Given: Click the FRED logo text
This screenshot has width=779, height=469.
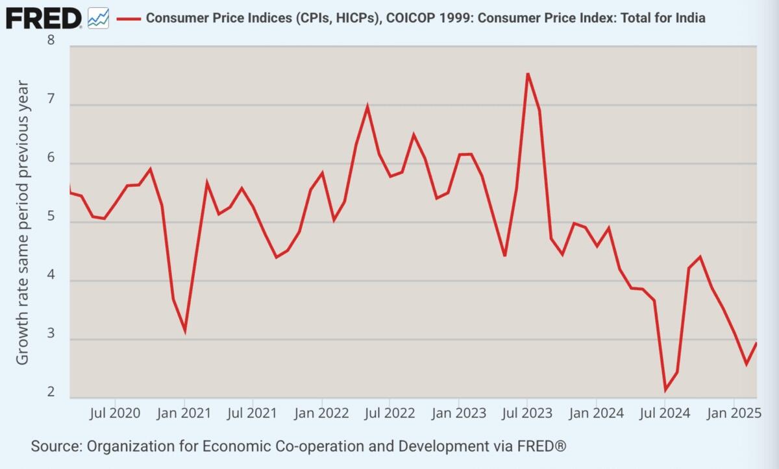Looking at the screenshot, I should (x=43, y=18).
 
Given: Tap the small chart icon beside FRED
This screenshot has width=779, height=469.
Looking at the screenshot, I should (x=98, y=18).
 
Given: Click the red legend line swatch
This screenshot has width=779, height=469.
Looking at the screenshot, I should (x=129, y=18).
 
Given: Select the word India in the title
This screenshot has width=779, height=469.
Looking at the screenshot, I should (x=689, y=18).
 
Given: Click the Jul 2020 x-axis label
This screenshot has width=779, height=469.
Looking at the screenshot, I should (x=116, y=413).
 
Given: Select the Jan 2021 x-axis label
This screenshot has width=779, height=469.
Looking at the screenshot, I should (x=184, y=413).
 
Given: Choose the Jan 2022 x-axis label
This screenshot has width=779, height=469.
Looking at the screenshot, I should (x=321, y=413).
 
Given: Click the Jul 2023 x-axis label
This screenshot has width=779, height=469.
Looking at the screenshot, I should (x=526, y=413).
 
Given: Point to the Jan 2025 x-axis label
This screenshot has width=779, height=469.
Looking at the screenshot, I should (x=733, y=413).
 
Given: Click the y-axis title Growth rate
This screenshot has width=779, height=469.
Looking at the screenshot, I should (x=23, y=222).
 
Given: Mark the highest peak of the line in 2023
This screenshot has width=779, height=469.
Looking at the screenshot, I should (x=527, y=73).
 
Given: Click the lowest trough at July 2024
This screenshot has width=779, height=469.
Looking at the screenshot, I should (x=665, y=390).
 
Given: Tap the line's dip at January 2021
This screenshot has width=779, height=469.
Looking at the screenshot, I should (x=185, y=331).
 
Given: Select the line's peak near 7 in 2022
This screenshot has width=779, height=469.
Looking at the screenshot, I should (x=367, y=106).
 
